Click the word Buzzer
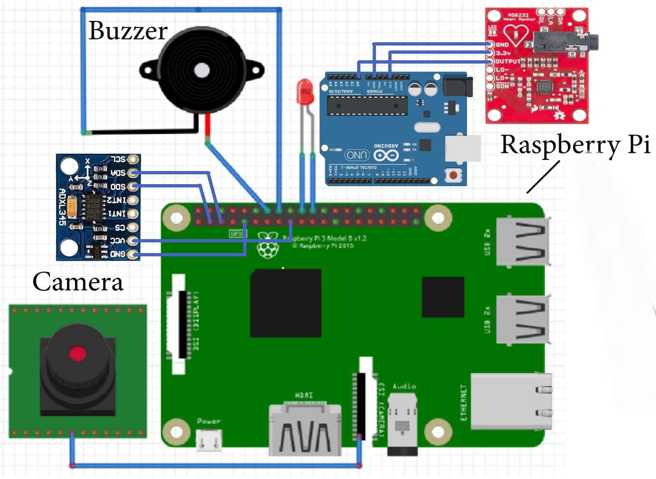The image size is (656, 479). click(x=128, y=31)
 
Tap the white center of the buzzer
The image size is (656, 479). click(x=201, y=71)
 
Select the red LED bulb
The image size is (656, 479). click(x=305, y=91)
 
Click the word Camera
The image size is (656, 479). click(x=77, y=282)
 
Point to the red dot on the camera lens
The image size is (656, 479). click(x=77, y=354)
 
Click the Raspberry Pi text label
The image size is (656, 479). click(x=575, y=144)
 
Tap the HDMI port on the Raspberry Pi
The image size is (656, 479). click(x=305, y=429)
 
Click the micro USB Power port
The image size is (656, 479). click(x=209, y=441)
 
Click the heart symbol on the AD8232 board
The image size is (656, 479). click(x=515, y=34)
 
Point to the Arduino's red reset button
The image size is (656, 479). click(x=453, y=176)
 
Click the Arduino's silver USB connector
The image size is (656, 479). click(x=462, y=148)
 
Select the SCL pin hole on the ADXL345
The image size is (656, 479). click(x=132, y=159)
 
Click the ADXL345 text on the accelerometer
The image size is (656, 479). click(x=62, y=207)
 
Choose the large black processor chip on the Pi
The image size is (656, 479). click(x=286, y=303)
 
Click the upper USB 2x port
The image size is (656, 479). click(x=522, y=242)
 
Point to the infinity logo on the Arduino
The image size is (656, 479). click(x=386, y=155)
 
